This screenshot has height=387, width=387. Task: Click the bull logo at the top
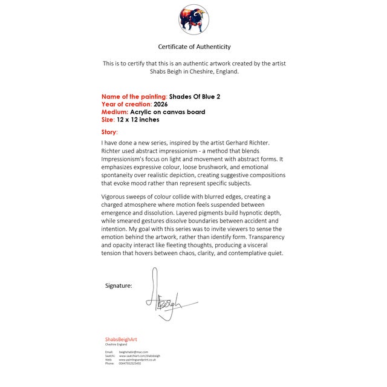tap(193, 19)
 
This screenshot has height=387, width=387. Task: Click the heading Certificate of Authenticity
tap(194, 47)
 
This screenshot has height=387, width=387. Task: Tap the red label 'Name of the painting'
tap(134, 96)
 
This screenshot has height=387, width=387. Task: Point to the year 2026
tap(161, 104)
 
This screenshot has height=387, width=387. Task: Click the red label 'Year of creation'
tap(126, 104)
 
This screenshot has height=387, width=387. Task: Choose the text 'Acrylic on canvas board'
tap(167, 112)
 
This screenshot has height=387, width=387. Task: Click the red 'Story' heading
tap(109, 131)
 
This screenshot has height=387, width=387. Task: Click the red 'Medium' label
tap(114, 112)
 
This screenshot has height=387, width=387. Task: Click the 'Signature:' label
tap(119, 285)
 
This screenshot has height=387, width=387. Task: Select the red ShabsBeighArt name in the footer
tap(121, 339)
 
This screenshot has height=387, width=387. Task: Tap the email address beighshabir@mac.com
tap(134, 351)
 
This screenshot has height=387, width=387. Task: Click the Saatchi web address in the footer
tap(140, 356)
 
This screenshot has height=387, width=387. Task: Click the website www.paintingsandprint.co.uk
tap(137, 360)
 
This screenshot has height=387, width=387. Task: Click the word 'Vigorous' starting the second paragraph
tap(114, 197)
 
